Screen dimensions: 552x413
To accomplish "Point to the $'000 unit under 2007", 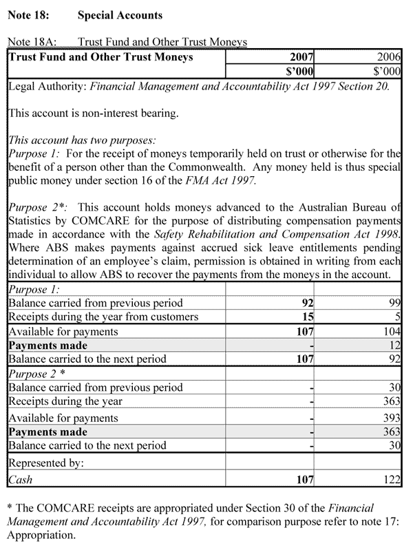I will tap(300, 70).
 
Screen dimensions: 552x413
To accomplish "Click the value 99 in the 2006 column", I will tap(394, 303).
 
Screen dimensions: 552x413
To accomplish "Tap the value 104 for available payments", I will tap(390, 331).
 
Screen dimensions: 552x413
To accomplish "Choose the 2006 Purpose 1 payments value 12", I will tap(394, 346).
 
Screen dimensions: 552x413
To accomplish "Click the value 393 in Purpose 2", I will tap(390, 418).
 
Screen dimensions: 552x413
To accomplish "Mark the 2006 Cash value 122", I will tap(390, 480).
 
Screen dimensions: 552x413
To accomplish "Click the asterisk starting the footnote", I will tap(9, 508).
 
